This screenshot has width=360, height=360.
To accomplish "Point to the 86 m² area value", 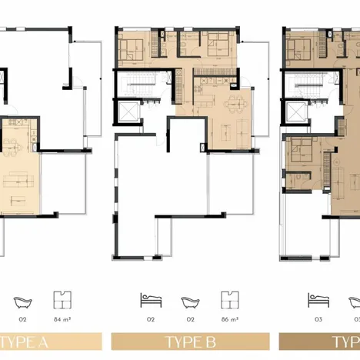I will (229, 316).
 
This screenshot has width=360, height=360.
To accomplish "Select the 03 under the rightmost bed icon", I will (316, 316).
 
